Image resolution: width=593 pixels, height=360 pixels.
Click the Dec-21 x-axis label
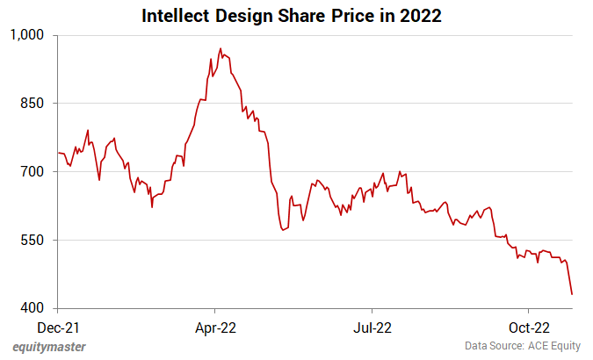(59, 328)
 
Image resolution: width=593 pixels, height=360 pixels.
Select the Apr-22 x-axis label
(215, 328)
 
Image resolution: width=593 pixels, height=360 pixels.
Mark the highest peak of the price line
(221, 49)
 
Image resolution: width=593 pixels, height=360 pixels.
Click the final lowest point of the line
(573, 294)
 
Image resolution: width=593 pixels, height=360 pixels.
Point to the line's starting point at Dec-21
(59, 153)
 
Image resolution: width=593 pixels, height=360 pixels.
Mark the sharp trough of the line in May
(283, 230)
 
